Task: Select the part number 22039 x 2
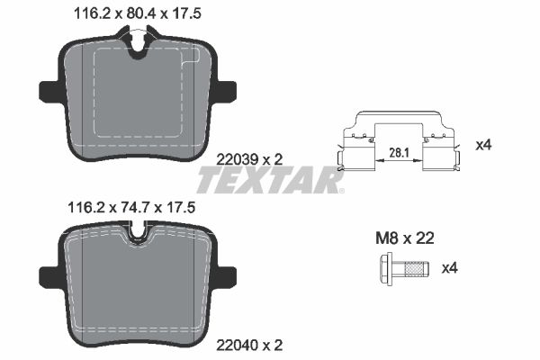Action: [251, 158]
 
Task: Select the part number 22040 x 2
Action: [251, 344]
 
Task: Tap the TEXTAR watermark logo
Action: [269, 181]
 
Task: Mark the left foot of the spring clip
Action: [342, 163]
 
